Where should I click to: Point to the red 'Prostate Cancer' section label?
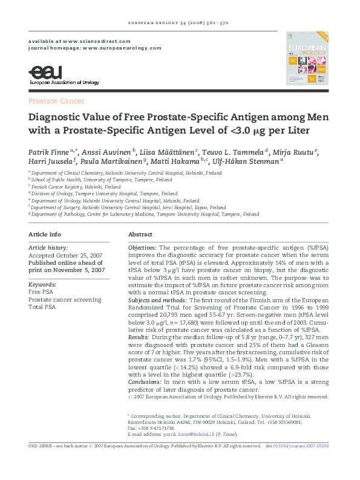(56, 101)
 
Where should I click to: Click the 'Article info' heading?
(44, 234)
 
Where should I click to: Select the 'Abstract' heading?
(140, 234)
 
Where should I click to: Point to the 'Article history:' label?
(48, 248)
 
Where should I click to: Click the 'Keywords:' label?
(42, 284)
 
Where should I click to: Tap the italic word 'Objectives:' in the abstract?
(142, 248)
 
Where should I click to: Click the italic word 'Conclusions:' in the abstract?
(145, 382)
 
